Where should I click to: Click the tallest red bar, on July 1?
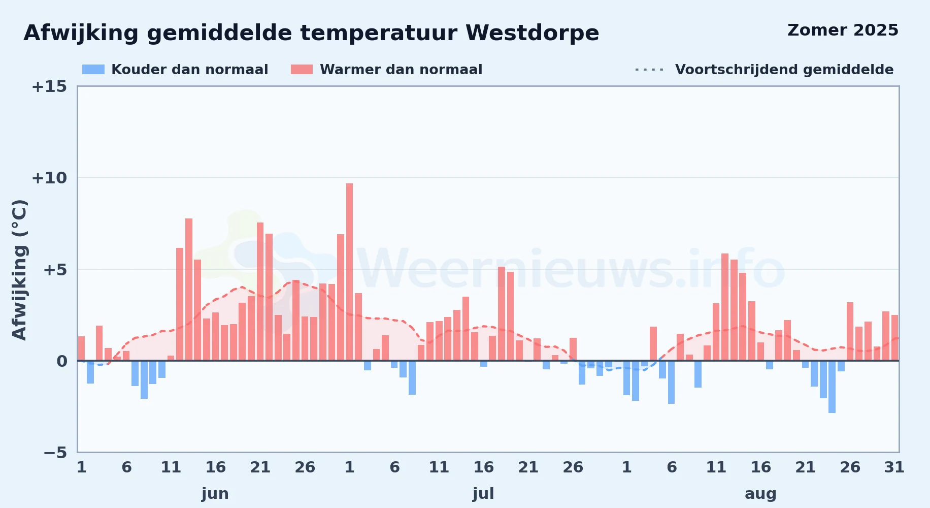point(349,272)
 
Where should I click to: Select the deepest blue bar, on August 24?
point(832,387)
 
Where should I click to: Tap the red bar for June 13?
point(189,290)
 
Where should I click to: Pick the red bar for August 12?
point(725,307)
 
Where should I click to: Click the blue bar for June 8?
point(144,379)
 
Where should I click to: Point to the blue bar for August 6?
point(671,382)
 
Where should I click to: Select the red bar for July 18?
point(502,313)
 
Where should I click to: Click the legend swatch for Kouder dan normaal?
point(93,70)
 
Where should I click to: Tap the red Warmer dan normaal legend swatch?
point(302,70)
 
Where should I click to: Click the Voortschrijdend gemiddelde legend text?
point(784,70)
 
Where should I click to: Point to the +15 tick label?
point(49,86)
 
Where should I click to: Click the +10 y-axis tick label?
point(49,178)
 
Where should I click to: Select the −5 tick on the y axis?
point(55,452)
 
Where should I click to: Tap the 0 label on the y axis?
point(62,361)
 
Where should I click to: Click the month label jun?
point(215,494)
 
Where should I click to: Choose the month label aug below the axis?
point(760,494)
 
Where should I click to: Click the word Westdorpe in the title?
point(533,33)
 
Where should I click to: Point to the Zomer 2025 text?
point(843,30)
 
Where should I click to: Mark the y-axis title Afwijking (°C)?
point(19,270)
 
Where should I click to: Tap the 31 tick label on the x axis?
point(894,467)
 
